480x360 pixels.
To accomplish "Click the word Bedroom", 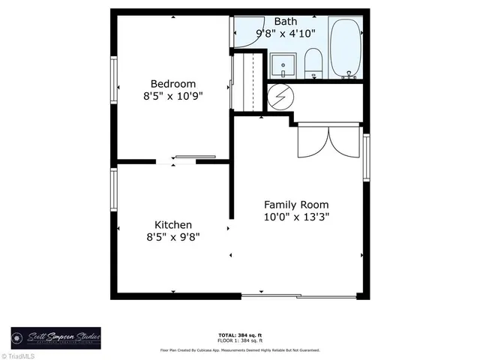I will tap(172, 83).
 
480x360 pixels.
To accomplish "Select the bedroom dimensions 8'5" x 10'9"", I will tap(172, 96).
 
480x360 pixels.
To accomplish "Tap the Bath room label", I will tap(285, 21).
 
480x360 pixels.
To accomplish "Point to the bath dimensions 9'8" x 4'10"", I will tap(285, 33).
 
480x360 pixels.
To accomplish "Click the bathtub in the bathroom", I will tap(346, 48).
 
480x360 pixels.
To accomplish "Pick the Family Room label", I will tap(295, 204).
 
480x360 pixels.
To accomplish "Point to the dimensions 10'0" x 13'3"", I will tap(295, 217).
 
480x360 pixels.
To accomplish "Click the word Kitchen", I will tap(173, 224).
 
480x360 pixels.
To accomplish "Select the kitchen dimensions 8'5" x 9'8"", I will tap(173, 237).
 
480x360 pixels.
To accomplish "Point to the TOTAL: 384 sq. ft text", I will tap(239, 334).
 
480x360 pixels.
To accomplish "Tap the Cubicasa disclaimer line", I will tap(239, 350).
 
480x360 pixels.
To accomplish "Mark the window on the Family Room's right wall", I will tap(366, 157).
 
